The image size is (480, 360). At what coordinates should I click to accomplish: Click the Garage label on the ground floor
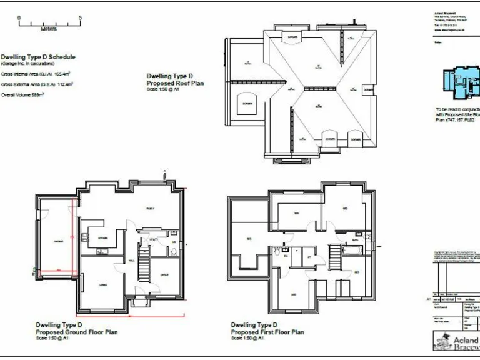click(58, 241)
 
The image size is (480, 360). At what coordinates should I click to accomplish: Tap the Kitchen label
click(104, 237)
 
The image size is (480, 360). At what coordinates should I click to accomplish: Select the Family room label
click(150, 209)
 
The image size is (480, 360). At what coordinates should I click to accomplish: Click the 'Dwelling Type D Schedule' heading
click(37, 56)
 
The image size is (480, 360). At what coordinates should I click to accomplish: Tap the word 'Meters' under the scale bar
click(48, 29)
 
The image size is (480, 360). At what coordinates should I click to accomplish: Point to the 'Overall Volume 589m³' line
click(27, 94)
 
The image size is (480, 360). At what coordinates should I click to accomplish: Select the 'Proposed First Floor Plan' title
click(267, 332)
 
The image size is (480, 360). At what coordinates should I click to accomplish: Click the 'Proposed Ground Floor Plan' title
click(76, 332)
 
